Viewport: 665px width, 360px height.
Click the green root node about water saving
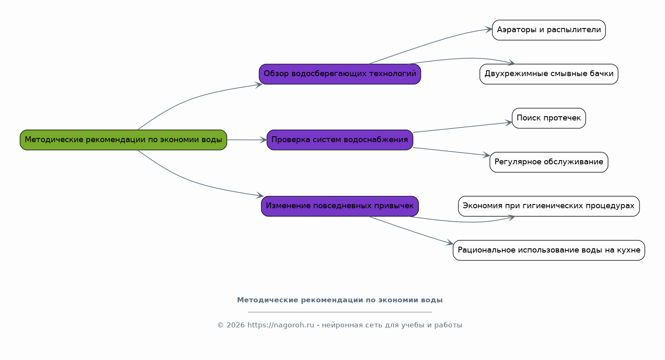[123, 140]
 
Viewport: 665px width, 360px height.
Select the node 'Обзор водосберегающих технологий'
[340, 74]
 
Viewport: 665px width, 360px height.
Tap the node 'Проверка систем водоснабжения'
[340, 140]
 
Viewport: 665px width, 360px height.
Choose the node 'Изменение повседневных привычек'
[340, 206]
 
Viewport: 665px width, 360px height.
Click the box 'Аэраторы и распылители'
[549, 30]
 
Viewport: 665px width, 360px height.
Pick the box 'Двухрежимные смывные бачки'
[549, 74]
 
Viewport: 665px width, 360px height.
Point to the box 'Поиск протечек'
[549, 118]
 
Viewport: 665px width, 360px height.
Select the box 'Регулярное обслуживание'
[549, 162]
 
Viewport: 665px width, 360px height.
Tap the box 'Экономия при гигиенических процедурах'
[549, 206]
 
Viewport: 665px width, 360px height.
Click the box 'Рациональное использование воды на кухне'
[549, 250]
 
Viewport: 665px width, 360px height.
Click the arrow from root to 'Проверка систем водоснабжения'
[247, 140]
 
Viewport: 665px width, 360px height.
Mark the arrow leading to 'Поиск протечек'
[463, 127]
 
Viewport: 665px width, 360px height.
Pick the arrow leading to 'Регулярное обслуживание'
[451, 151]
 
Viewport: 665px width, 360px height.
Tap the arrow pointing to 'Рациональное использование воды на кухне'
[411, 231]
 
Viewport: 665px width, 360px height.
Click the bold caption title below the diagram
[340, 300]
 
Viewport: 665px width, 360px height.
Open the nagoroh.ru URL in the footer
[280, 325]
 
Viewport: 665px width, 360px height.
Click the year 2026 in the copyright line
[236, 325]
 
